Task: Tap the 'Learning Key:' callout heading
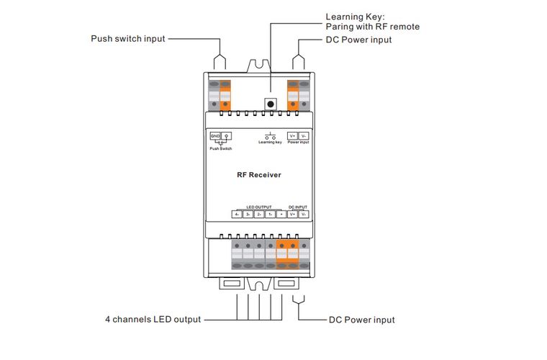click(x=356, y=16)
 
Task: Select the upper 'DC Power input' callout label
click(x=358, y=40)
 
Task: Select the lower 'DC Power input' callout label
click(x=361, y=320)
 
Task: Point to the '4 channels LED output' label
click(x=153, y=319)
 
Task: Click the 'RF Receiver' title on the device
click(x=259, y=175)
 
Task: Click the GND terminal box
click(x=215, y=135)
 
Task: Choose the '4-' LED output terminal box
click(x=236, y=214)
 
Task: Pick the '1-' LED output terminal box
click(x=270, y=214)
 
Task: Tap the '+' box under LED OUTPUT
click(x=281, y=214)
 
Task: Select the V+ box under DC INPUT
click(x=293, y=214)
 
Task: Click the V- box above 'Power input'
click(x=304, y=135)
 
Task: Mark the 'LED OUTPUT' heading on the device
click(x=258, y=207)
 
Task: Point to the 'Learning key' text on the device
click(x=270, y=143)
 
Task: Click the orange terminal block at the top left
click(x=225, y=96)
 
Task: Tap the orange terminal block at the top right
click(x=293, y=96)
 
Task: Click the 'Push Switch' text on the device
click(x=221, y=148)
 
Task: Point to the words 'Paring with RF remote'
click(x=372, y=27)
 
